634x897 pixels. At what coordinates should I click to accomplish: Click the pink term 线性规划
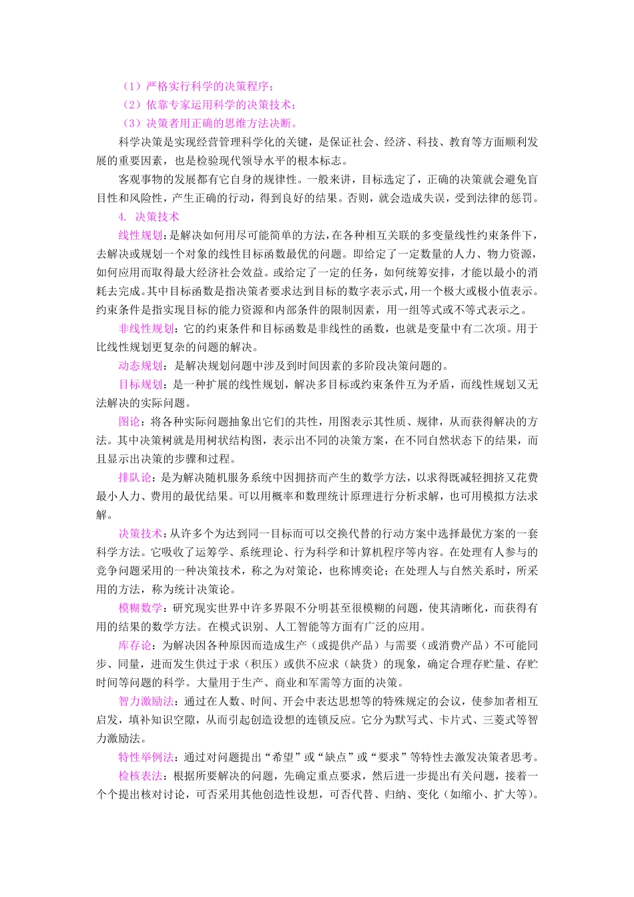pyautogui.click(x=140, y=235)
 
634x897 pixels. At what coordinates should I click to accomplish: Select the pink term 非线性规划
pyautogui.click(x=145, y=328)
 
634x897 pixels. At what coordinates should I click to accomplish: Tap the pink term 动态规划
pyautogui.click(x=140, y=366)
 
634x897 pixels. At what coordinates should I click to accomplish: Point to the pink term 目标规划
pyautogui.click(x=140, y=384)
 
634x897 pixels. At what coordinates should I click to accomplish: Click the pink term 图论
pyautogui.click(x=129, y=422)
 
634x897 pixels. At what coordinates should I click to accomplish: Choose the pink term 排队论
pyautogui.click(x=135, y=478)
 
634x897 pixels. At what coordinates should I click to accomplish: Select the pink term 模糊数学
pyautogui.click(x=140, y=608)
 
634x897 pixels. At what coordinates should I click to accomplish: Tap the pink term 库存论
pyautogui.click(x=135, y=645)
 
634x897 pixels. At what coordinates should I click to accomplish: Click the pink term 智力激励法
pyautogui.click(x=145, y=701)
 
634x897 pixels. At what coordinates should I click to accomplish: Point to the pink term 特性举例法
pyautogui.click(x=145, y=758)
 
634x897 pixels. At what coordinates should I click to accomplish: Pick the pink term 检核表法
pyautogui.click(x=140, y=776)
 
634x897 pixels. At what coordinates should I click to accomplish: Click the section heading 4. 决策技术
pyautogui.click(x=149, y=217)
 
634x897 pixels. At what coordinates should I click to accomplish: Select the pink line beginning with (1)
pyautogui.click(x=198, y=86)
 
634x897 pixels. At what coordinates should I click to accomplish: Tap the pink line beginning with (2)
pyautogui.click(x=208, y=105)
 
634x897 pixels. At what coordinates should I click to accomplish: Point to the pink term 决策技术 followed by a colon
pyautogui.click(x=140, y=534)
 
